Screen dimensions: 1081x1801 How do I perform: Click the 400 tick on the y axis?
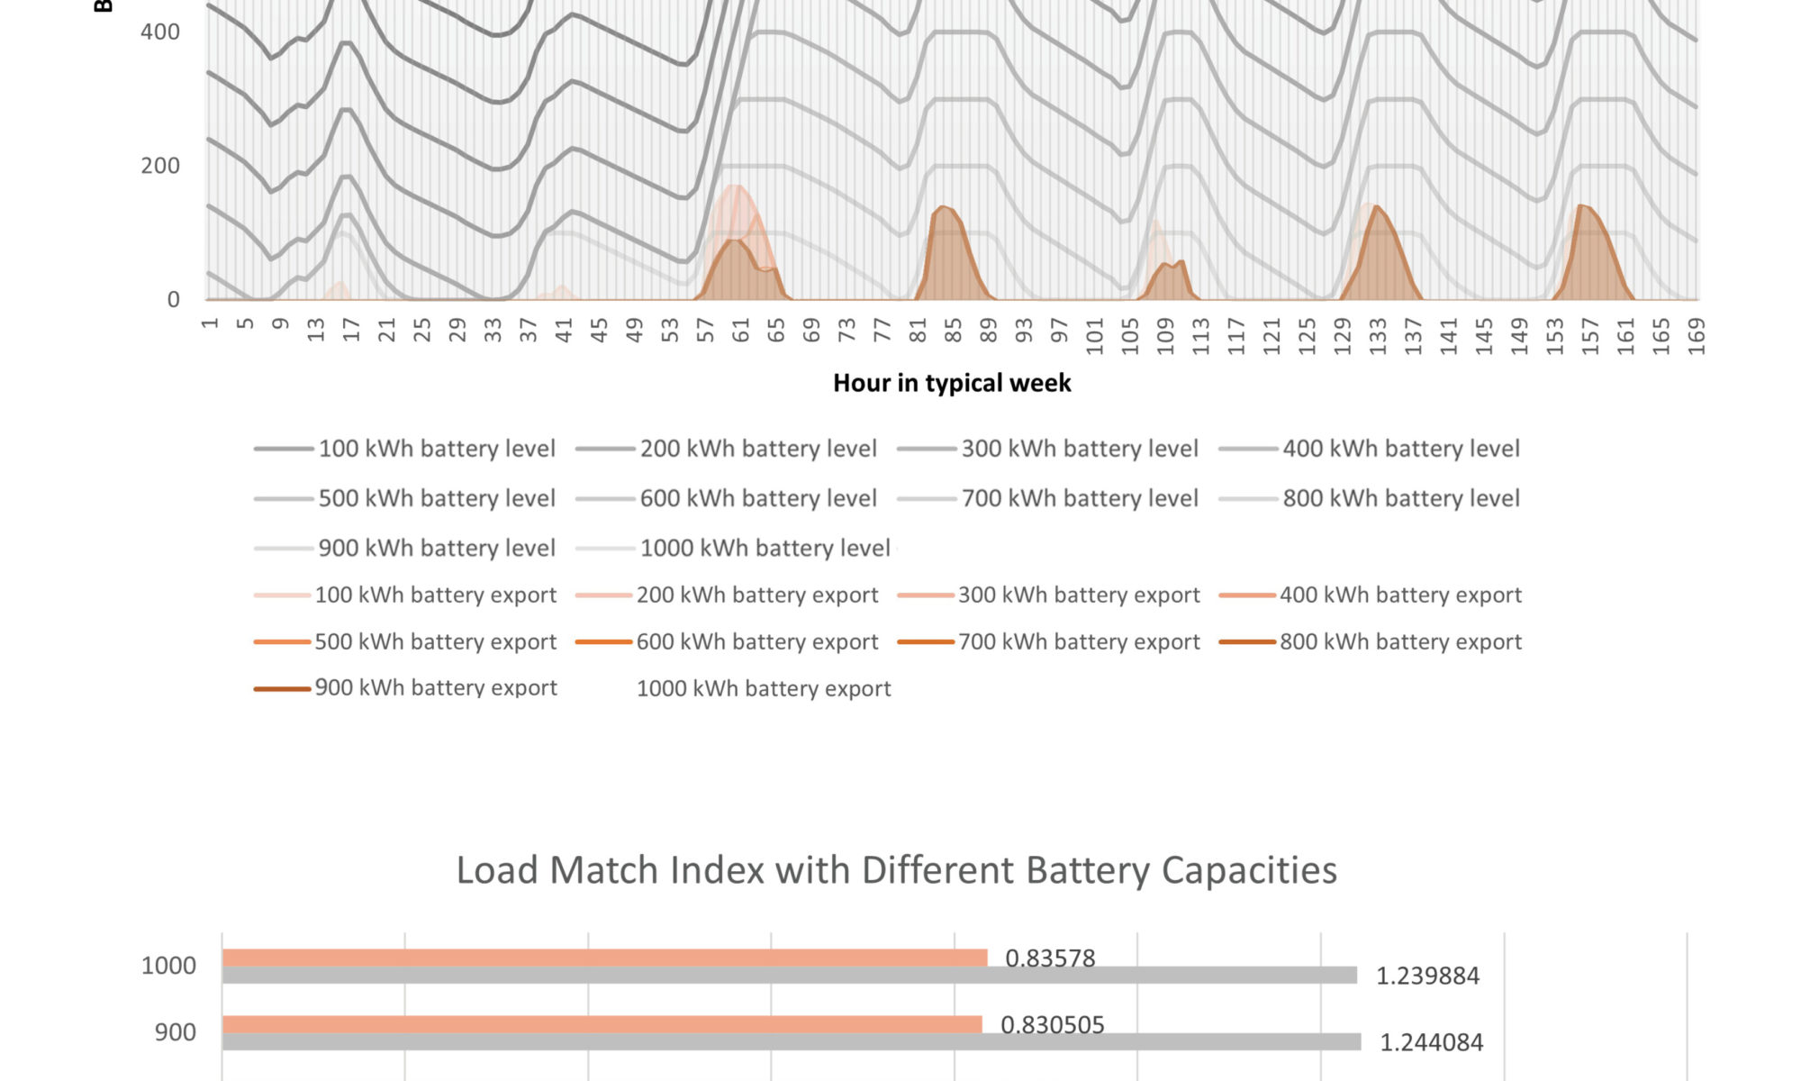point(160,32)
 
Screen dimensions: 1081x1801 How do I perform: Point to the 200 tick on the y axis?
point(160,166)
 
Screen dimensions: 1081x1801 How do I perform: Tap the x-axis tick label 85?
point(953,331)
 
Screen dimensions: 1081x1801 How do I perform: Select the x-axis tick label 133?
point(1378,335)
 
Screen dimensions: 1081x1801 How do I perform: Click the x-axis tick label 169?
point(1697,335)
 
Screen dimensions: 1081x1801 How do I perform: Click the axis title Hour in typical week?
point(952,383)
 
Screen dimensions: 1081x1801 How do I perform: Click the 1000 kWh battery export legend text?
point(764,688)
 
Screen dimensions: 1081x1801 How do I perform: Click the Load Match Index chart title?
point(896,870)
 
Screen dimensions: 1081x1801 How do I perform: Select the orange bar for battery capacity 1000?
point(604,958)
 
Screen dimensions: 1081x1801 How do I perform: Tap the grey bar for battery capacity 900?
point(791,1042)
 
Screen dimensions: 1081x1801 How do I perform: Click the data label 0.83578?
point(1050,958)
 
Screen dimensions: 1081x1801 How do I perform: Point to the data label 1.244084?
point(1432,1042)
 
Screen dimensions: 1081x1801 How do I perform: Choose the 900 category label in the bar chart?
point(175,1032)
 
